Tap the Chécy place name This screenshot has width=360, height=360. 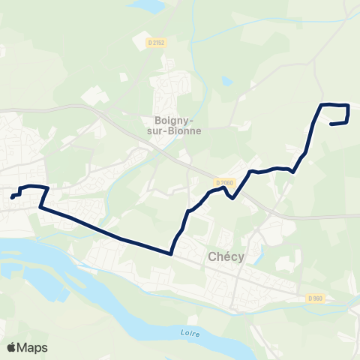tap(223, 258)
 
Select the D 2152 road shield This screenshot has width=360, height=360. tap(157, 43)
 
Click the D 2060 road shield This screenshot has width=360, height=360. tap(224, 182)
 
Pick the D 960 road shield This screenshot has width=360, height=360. tap(315, 298)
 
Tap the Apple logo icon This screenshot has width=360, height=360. tap(11, 347)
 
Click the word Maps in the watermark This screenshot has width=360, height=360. tap(33, 347)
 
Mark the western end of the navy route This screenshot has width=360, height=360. tap(13, 197)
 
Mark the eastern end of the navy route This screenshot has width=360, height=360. tap(331, 124)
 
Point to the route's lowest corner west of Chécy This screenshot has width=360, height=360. tap(172, 253)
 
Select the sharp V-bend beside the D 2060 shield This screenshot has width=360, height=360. tap(234, 199)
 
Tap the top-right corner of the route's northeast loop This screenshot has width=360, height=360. tap(349, 105)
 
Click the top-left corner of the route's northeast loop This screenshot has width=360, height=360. tap(322, 104)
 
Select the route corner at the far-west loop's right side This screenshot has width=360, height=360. tap(49, 187)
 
